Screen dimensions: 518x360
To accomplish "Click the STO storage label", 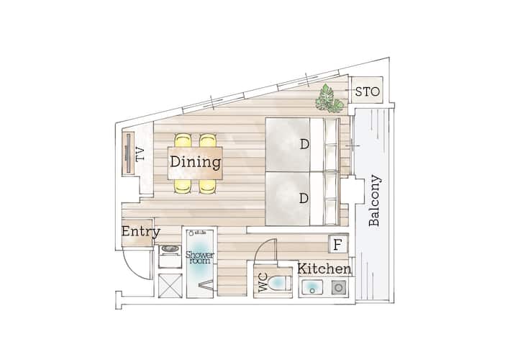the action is point(368,91).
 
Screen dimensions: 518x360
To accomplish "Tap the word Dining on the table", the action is point(195,162).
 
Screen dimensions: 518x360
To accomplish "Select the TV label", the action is point(140,154).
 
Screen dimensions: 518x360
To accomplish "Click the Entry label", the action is point(141,231).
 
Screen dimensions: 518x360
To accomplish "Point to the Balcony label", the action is point(375,201).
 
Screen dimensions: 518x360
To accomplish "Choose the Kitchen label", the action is point(324,269).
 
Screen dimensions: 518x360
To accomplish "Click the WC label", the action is point(263,283).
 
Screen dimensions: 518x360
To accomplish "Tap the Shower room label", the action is point(199,258).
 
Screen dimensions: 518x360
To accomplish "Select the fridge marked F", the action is point(337,245).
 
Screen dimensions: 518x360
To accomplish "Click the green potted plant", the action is point(328,98).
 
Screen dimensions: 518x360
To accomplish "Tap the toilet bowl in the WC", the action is point(280,283).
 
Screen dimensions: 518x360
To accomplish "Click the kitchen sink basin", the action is point(312,287).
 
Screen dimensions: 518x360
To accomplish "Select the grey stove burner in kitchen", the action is point(339,287).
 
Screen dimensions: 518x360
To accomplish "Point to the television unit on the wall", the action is point(128,153).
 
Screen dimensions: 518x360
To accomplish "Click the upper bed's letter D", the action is point(304,145).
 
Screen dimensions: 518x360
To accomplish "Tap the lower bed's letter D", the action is point(304,198).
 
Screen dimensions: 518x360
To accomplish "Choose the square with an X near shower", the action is point(170,286).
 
